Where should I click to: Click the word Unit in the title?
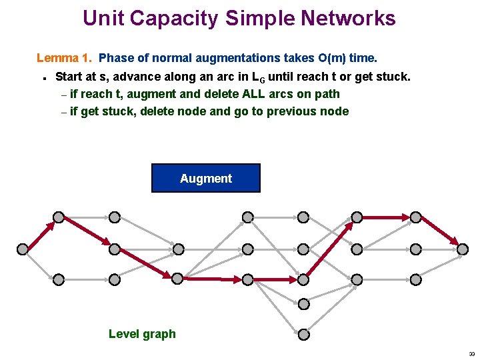(103, 18)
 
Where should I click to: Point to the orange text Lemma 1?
(64, 58)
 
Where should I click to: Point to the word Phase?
(116, 58)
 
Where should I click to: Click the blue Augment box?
(205, 178)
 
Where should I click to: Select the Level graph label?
(142, 334)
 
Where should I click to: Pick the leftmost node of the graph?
(22, 249)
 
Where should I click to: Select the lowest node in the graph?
(303, 333)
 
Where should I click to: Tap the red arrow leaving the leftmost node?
(40, 233)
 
